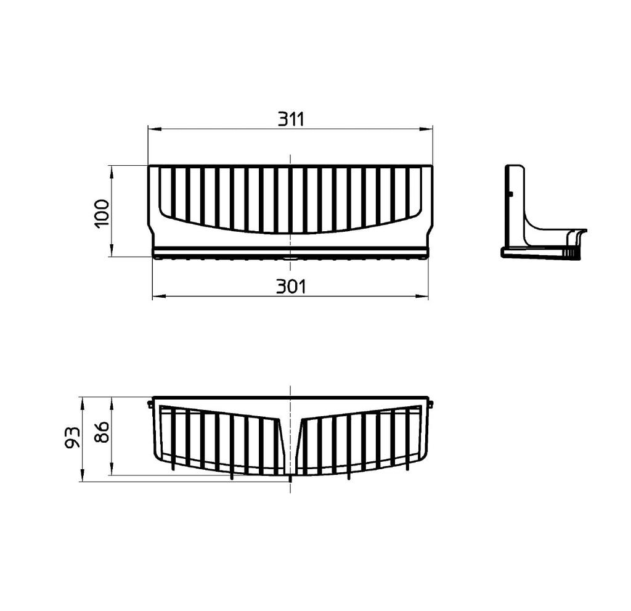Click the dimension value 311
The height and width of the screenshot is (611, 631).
tap(290, 119)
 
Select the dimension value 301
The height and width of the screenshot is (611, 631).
tap(290, 287)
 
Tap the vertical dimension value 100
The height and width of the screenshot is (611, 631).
tap(102, 211)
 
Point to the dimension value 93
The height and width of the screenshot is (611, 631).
tap(73, 437)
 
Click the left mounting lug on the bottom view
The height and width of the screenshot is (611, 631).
tap(150, 404)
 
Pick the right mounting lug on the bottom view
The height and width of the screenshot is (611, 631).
tap(431, 404)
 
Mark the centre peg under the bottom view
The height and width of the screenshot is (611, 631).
tap(290, 478)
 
